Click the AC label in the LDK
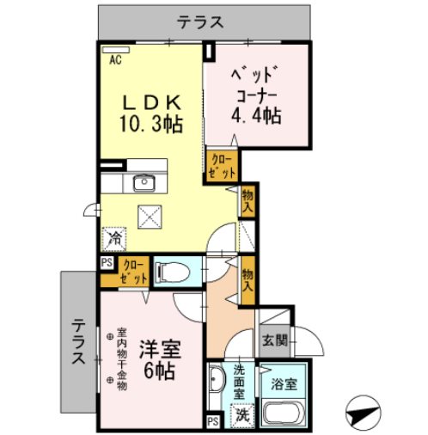pos(115,60)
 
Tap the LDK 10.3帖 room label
pos(150,112)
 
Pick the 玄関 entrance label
pos(275,339)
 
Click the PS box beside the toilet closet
pos(107,264)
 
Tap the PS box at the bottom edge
pos(212,421)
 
